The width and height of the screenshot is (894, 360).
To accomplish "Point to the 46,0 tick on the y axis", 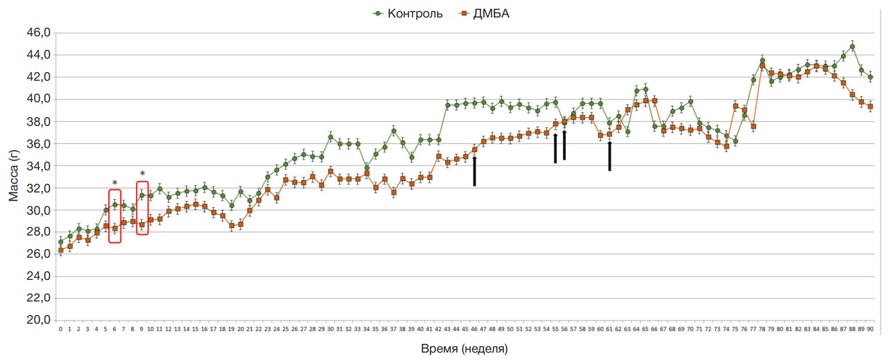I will pyautogui.click(x=38, y=33).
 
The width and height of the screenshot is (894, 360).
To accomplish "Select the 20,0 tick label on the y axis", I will pyautogui.click(x=38, y=320).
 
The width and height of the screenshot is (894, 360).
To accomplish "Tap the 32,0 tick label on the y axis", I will pyautogui.click(x=38, y=188).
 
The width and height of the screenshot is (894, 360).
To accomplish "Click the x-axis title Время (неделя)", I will pyautogui.click(x=464, y=349).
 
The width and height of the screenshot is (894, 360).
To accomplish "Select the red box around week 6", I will pyautogui.click(x=115, y=216).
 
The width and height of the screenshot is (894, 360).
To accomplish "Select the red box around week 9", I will pyautogui.click(x=142, y=208).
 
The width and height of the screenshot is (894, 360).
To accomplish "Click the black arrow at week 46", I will pyautogui.click(x=474, y=171).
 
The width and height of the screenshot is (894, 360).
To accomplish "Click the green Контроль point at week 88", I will pyautogui.click(x=852, y=46).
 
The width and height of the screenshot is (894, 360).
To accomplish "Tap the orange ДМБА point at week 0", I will pyautogui.click(x=61, y=250).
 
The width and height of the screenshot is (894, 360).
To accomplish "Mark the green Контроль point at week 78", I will pyautogui.click(x=762, y=61).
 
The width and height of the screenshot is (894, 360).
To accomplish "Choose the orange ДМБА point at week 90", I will pyautogui.click(x=870, y=106).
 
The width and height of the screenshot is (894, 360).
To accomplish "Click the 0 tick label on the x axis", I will pyautogui.click(x=61, y=330).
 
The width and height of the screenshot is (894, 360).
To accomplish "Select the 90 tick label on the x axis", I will pyautogui.click(x=870, y=330).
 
